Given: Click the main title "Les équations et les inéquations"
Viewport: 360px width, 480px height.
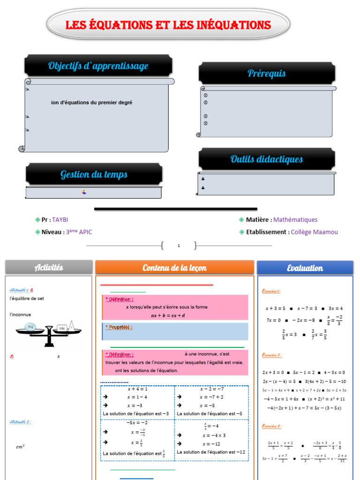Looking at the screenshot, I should [168, 25].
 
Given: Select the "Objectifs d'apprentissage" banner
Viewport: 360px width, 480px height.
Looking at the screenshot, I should [98, 66].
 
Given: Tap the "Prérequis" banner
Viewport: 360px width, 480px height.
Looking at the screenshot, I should [266, 74].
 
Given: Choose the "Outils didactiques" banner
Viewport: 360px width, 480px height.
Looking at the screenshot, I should [266, 159].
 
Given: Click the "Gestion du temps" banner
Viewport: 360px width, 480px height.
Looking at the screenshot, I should [94, 175].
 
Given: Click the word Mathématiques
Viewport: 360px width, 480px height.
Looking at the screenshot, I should [295, 219].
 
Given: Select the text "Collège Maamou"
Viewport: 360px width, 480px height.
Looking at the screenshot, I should [314, 232].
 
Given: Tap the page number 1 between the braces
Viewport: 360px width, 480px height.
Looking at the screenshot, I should [179, 245].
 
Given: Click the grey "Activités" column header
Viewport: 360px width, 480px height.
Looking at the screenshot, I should [49, 268].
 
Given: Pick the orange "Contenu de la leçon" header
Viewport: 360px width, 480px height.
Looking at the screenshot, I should [174, 268].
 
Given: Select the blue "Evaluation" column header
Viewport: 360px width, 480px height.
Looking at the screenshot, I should [305, 268].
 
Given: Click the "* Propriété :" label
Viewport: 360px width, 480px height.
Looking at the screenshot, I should [119, 327].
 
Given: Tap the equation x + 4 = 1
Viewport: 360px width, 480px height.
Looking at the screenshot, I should [137, 389].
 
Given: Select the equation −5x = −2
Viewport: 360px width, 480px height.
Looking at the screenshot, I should [137, 422].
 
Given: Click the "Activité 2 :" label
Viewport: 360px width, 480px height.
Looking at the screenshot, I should [21, 422].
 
